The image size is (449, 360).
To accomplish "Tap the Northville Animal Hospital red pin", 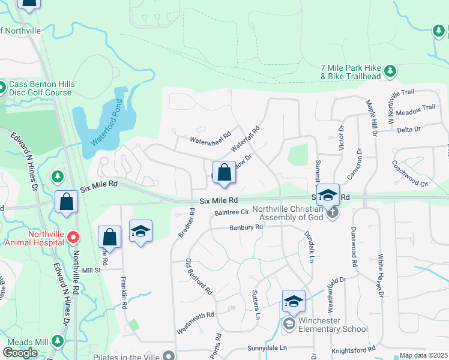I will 73,238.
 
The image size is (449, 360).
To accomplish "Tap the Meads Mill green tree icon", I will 58,341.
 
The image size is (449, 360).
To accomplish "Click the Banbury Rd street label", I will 246,227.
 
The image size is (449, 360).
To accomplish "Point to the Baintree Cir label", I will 232,212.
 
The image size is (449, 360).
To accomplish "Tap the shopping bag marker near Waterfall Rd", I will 224,173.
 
